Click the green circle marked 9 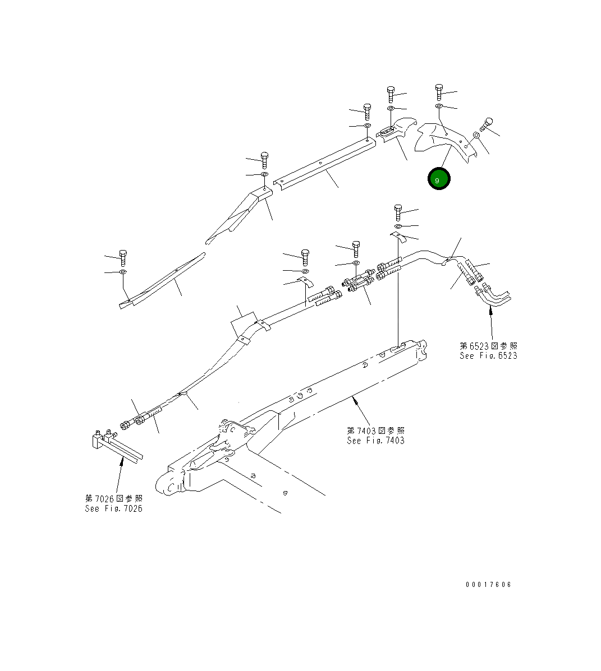[x=438, y=179]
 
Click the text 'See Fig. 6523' [x=488, y=356]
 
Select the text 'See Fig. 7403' [x=375, y=441]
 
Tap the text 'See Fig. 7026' [x=113, y=508]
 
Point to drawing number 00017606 [x=488, y=585]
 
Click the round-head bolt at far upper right [x=487, y=122]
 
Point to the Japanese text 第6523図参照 [x=488, y=346]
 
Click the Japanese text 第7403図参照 [x=375, y=431]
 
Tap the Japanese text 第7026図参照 [x=113, y=498]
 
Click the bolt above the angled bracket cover [x=265, y=159]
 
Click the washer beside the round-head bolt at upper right [x=476, y=135]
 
